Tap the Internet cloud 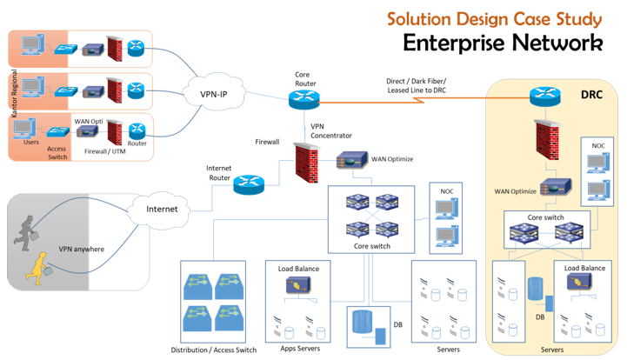pyautogui.click(x=162, y=209)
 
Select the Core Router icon pyautogui.click(x=304, y=98)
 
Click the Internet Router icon pyautogui.click(x=249, y=183)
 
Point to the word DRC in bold pyautogui.click(x=592, y=93)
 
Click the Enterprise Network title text pyautogui.click(x=503, y=43)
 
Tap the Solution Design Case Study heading pyautogui.click(x=494, y=18)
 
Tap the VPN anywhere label pyautogui.click(x=82, y=250)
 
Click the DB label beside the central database pyautogui.click(x=397, y=324)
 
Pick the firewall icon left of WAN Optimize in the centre pyautogui.click(x=305, y=163)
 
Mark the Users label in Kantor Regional pyautogui.click(x=31, y=143)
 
